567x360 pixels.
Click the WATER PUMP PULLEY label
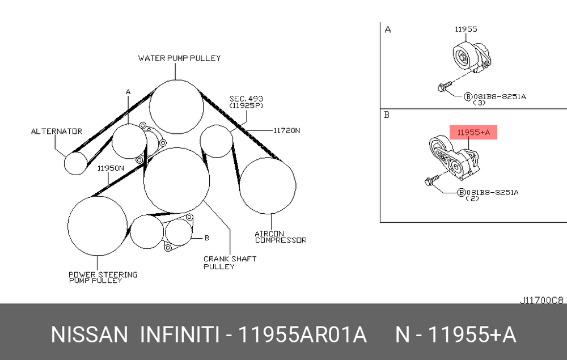179,58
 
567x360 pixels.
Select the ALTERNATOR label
57,131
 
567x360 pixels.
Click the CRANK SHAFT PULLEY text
230,262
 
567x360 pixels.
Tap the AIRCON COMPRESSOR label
281,237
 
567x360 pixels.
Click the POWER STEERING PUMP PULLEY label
103,277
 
